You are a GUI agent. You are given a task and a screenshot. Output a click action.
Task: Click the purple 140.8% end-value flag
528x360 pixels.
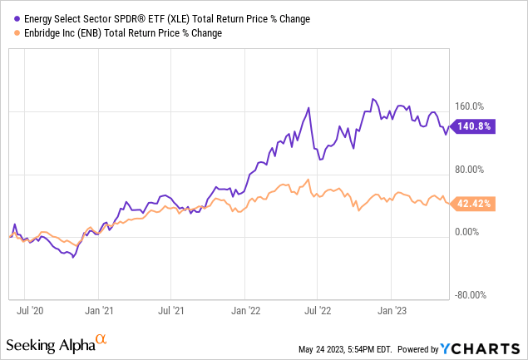pos(473,126)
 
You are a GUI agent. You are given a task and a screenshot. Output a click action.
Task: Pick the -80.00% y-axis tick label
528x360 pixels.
pos(471,294)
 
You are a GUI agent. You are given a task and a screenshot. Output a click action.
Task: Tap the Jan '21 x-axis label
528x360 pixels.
pos(100,312)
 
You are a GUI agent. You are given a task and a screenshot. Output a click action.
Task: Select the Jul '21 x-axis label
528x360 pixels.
pos(172,312)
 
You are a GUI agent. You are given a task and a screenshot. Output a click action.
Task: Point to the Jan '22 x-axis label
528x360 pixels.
pos(244,312)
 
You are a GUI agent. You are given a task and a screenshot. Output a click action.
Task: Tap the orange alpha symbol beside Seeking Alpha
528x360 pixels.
pos(101,340)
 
